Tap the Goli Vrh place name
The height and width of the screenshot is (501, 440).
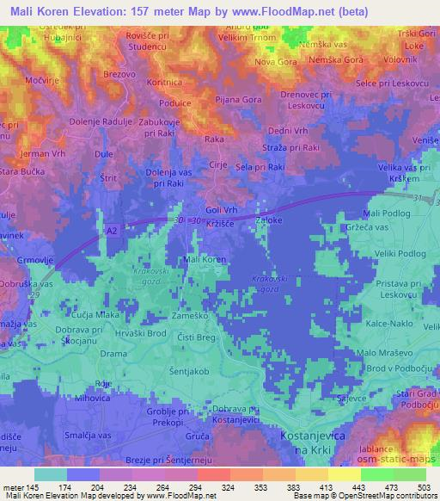(x=222, y=209)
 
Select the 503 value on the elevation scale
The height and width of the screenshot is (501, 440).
(x=421, y=486)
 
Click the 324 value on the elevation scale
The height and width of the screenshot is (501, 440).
(x=229, y=486)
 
